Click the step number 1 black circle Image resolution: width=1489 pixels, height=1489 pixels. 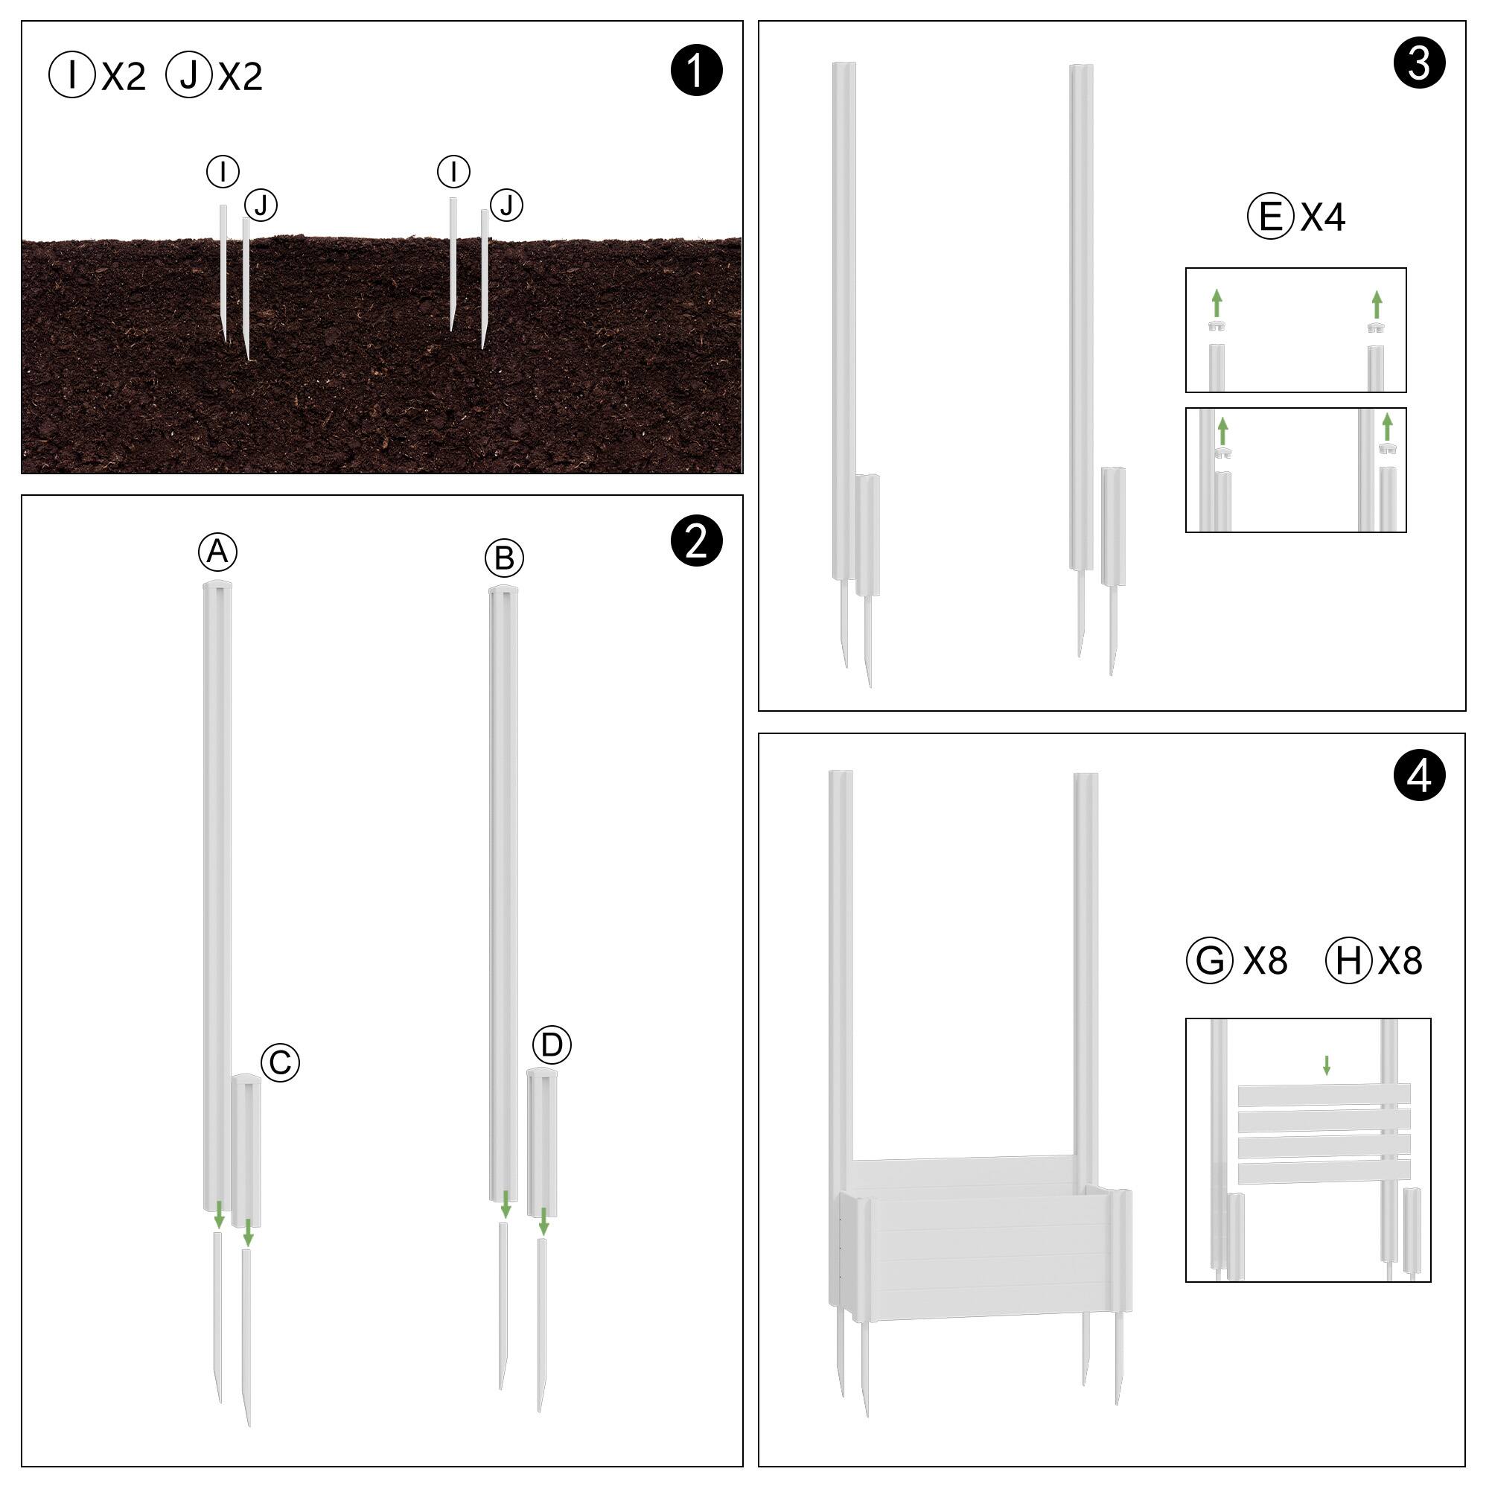click(697, 70)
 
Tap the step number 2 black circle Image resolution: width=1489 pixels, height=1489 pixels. click(697, 542)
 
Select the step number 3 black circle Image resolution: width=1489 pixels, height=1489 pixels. click(1419, 63)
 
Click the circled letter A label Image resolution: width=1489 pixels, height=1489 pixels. click(217, 552)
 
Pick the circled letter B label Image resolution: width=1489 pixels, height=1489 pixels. click(504, 558)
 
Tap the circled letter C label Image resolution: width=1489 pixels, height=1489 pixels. click(280, 1063)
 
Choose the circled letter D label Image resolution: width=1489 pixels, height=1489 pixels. click(552, 1045)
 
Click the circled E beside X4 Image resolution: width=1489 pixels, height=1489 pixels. click(1270, 217)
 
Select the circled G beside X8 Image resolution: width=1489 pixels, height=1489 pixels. click(1210, 960)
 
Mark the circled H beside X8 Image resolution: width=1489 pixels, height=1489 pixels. click(1349, 960)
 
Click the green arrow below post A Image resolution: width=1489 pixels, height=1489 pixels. click(220, 1214)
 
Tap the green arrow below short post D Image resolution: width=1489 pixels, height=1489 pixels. click(543, 1222)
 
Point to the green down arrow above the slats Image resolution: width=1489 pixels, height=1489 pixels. click(1327, 1065)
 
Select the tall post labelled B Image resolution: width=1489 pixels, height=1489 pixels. click(503, 893)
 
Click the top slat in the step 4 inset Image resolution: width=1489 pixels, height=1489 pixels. click(1324, 1094)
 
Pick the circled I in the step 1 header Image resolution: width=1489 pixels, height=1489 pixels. click(71, 74)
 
